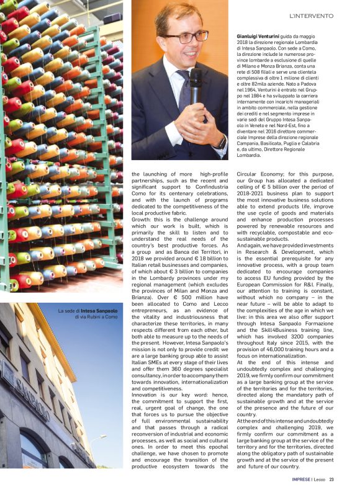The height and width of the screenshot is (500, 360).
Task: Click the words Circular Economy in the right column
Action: tap(259, 176)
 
